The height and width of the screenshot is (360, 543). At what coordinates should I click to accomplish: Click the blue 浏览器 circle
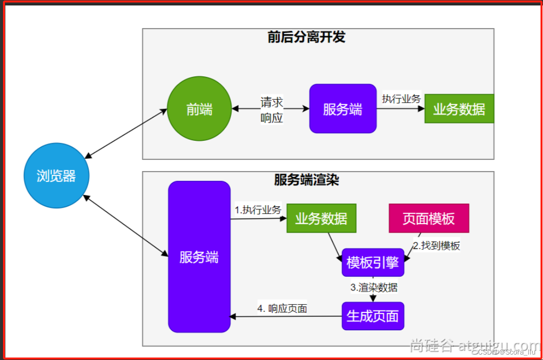pyautogui.click(x=56, y=176)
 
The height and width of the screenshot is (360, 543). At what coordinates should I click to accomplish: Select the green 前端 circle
pyautogui.click(x=199, y=109)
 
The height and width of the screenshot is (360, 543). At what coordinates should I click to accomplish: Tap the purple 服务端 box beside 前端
pyautogui.click(x=343, y=109)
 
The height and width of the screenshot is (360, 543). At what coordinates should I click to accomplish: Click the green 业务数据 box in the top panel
pyautogui.click(x=459, y=109)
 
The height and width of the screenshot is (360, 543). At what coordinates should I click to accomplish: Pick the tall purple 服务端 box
pyautogui.click(x=199, y=257)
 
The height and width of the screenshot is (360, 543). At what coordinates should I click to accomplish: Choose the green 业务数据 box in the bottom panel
pyautogui.click(x=321, y=218)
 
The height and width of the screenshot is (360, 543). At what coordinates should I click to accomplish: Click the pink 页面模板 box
pyautogui.click(x=428, y=218)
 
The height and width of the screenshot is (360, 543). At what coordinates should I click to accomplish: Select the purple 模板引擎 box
pyautogui.click(x=372, y=262)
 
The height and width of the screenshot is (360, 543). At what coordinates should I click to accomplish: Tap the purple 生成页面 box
pyautogui.click(x=372, y=316)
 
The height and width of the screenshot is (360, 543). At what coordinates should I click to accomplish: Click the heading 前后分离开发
pyautogui.click(x=306, y=37)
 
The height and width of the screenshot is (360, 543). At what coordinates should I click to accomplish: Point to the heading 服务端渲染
pyautogui.click(x=306, y=180)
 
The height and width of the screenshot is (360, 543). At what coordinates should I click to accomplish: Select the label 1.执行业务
pyautogui.click(x=258, y=210)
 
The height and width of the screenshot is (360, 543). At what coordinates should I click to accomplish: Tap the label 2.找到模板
pyautogui.click(x=436, y=245)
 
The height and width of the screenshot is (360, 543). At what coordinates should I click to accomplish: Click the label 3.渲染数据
pyautogui.click(x=374, y=287)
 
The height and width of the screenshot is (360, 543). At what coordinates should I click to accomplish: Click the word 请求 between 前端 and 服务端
pyautogui.click(x=272, y=102)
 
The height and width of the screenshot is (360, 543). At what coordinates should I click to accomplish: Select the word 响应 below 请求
pyautogui.click(x=272, y=118)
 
